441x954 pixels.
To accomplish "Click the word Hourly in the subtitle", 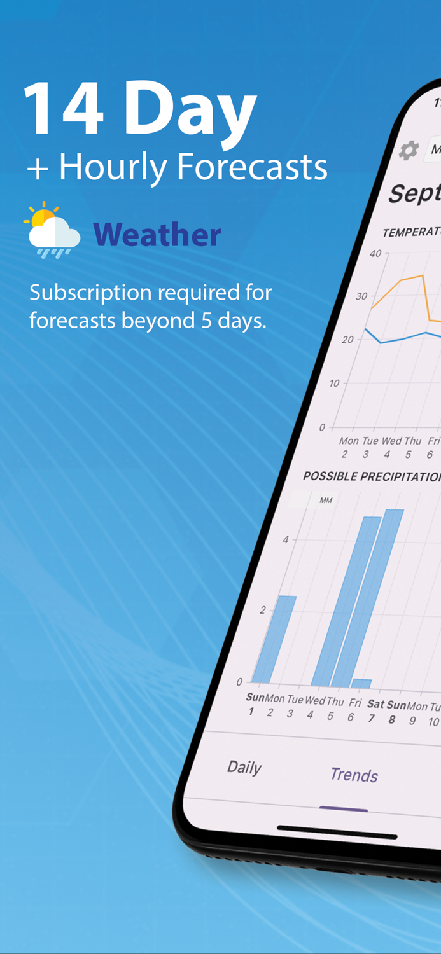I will coord(112,167).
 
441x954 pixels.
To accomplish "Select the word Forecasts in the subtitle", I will coord(251,167).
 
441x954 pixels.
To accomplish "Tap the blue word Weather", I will coord(157,235).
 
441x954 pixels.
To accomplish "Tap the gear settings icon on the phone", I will coord(409,151).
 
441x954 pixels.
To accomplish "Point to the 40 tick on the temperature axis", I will coord(375,254).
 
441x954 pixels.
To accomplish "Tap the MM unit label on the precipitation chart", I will coord(326,501).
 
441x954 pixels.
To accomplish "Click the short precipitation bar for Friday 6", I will coord(361,683).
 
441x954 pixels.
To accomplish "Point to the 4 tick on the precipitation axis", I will coord(286,539).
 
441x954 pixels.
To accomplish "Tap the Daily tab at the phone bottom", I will coord(244,767).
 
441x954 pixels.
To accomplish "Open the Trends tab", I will coord(354,775).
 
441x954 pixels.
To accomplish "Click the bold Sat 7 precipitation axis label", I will coord(374,710).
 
